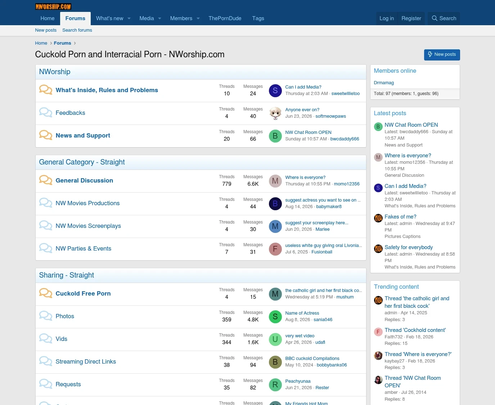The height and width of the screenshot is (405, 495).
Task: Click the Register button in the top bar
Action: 411,18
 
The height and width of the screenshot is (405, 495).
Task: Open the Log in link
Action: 387,18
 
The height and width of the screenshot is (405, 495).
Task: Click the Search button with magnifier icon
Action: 444,18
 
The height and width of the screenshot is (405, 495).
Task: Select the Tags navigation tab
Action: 258,18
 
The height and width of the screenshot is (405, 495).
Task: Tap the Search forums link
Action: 77,30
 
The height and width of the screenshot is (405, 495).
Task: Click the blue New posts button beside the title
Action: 442,54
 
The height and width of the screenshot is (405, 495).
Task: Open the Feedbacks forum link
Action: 71,113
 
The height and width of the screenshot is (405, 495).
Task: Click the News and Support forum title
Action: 83,135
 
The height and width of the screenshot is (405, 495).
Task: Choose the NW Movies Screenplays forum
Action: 88,226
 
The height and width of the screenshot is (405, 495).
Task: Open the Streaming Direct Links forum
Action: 86,361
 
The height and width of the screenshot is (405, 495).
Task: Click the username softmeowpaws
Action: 330,116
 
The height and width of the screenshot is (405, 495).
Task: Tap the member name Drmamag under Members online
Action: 384,83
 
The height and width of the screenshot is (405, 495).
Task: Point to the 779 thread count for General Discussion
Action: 226,184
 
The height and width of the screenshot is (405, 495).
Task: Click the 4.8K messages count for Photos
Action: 253,320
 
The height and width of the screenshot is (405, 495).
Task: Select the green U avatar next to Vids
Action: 275,339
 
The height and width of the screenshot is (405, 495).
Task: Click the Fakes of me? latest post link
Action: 400,217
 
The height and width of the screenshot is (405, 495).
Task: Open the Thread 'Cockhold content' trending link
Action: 415,330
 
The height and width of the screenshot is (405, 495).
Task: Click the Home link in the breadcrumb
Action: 41,43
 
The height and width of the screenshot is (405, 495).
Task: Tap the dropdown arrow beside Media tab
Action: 159,18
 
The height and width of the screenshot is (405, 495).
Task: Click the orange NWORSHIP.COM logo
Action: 53,6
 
